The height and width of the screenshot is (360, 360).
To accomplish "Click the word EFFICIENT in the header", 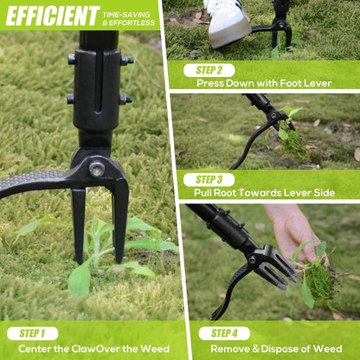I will pos(53,16).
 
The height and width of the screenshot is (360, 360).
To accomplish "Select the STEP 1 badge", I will pos(33,333).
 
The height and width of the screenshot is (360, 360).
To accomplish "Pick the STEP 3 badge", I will pos(209,180).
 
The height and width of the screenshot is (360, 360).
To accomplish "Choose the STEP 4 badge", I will pos(224,333).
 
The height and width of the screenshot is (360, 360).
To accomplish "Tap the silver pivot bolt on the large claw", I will pos(97,169).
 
